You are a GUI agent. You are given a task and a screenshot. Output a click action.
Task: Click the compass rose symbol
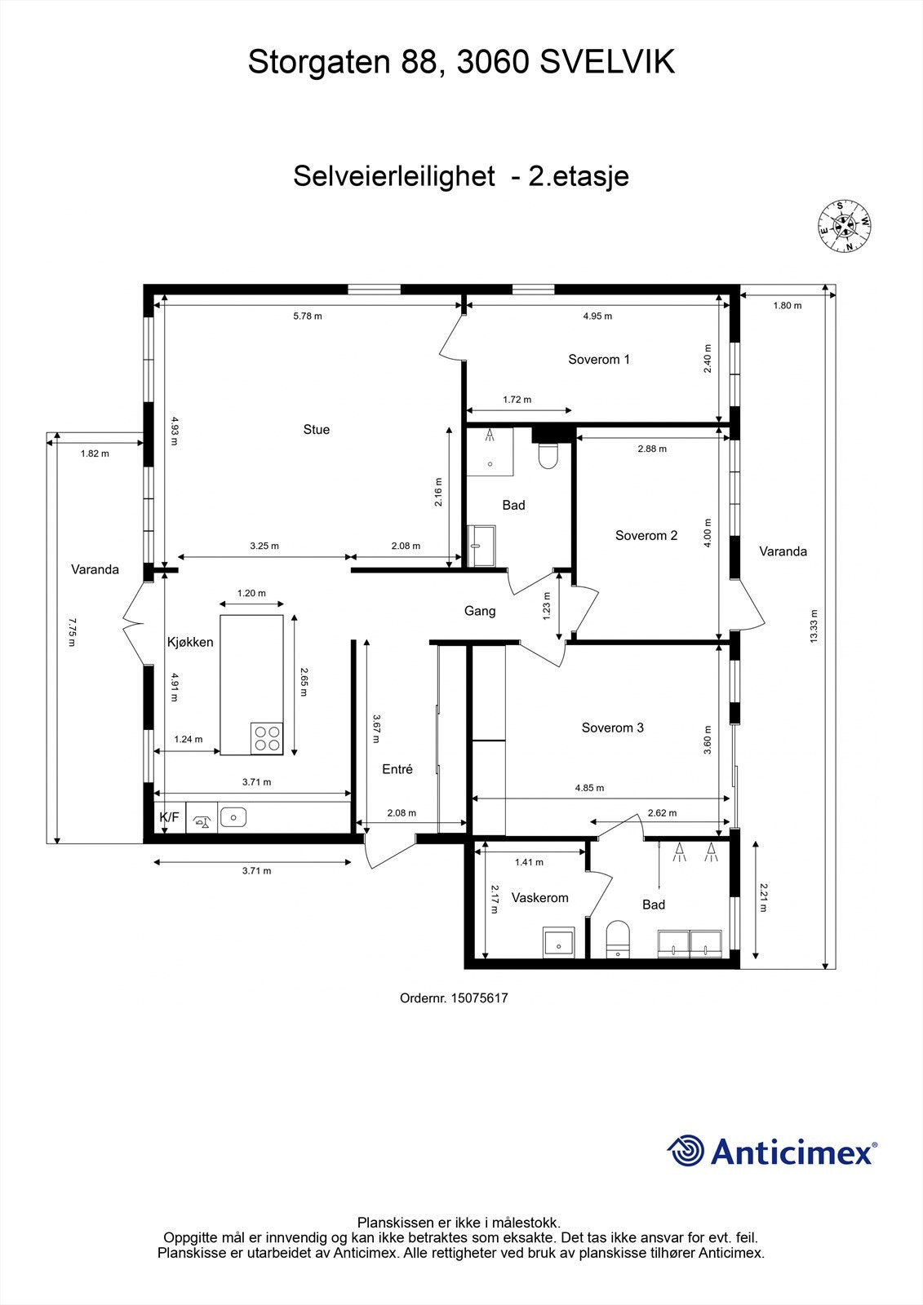845,227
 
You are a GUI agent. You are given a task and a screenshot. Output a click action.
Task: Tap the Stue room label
317,430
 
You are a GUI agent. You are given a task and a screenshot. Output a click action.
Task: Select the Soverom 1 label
599,360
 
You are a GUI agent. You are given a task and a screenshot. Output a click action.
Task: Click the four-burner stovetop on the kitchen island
267,738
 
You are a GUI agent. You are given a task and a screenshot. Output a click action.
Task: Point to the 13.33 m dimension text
813,626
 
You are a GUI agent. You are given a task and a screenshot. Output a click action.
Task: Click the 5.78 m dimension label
308,316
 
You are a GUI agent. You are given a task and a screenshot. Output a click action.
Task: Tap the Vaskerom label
539,898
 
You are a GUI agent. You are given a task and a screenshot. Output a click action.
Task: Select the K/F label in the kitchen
169,817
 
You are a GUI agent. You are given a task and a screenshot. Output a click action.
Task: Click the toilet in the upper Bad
548,456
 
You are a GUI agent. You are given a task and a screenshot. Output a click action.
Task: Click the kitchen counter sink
233,816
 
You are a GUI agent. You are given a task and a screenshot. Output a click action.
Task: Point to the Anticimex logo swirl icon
686,1151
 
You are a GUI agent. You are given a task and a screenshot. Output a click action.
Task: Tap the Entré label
397,769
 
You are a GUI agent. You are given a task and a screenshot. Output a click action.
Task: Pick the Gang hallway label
480,611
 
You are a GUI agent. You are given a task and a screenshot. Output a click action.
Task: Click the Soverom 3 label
612,728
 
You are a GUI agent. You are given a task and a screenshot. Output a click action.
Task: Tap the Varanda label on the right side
783,551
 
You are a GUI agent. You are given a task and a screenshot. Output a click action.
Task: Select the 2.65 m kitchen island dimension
303,682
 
